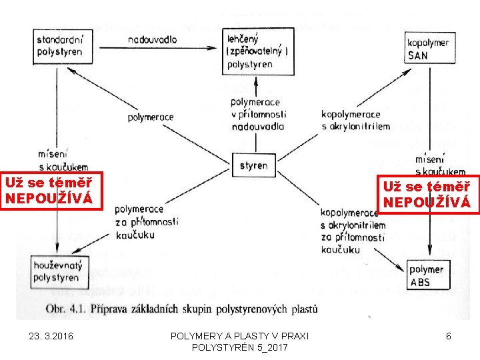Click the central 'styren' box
tap(253, 165)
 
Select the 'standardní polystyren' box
tap(60, 46)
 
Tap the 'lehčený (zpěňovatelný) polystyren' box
tap(257, 52)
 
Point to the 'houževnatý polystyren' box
tap(60, 272)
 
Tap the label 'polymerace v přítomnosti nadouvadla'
tap(257, 114)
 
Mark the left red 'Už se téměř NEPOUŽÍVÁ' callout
tap(52, 190)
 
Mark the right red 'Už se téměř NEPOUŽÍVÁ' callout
tap(428, 194)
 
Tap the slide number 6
tap(449, 337)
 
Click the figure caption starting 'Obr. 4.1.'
tap(182, 309)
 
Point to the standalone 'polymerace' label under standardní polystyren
tap(151, 117)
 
